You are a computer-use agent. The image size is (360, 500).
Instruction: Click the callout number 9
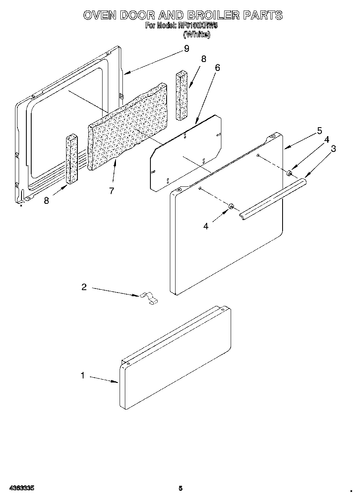pos(186,49)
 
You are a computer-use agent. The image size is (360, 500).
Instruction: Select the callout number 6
pos(217,68)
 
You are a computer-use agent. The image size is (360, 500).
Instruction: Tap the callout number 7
pos(111,190)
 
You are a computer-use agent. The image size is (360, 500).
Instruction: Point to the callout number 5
pos(319,130)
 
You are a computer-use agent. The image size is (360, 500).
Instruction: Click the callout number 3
pos(333,149)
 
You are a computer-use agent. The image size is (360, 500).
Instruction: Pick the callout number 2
pos(84,287)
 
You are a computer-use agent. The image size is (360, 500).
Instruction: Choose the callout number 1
pos(83,376)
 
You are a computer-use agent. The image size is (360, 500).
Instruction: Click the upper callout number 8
pos(204,59)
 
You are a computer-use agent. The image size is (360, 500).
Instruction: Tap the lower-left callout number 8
pos(47,200)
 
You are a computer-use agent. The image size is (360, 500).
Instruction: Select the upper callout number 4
pos(326,140)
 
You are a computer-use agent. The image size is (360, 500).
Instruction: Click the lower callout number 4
pos(206,226)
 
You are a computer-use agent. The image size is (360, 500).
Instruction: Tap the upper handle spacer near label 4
pos(289,173)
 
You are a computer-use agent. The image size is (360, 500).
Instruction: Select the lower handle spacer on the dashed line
pos(231,207)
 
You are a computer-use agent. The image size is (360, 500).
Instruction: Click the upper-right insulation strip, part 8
pos(182,95)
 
